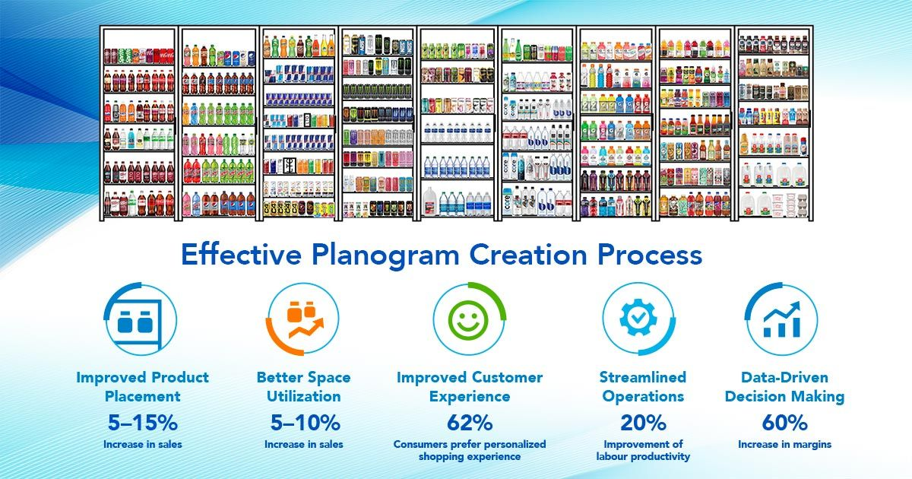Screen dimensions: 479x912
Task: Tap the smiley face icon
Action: pyautogui.click(x=469, y=320)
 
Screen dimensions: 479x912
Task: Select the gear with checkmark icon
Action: pyautogui.click(x=637, y=319)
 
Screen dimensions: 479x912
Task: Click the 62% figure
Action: pyautogui.click(x=469, y=423)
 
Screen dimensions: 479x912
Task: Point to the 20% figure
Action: pyautogui.click(x=642, y=423)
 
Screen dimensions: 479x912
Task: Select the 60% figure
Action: pyautogui.click(x=784, y=423)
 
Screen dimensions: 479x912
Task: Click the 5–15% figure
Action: pyautogui.click(x=142, y=423)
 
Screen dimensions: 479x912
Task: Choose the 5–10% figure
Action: pyautogui.click(x=304, y=423)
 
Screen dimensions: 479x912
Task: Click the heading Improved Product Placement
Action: pyautogui.click(x=142, y=386)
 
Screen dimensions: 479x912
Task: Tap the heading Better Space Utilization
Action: pyautogui.click(x=304, y=386)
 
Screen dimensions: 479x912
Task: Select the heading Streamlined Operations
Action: pyautogui.click(x=642, y=386)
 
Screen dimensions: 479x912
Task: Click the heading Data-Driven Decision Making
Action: pyautogui.click(x=784, y=386)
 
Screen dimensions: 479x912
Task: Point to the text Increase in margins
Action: pyautogui.click(x=784, y=444)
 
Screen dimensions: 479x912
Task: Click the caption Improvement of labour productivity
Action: pyautogui.click(x=642, y=450)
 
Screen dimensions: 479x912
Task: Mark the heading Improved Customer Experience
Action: pyautogui.click(x=469, y=386)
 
